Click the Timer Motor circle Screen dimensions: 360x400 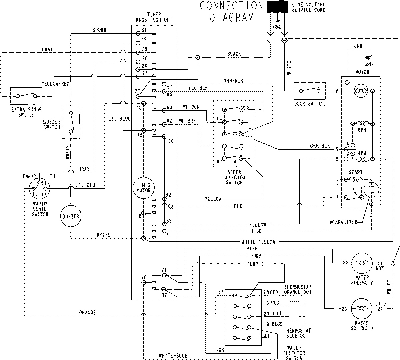point(143,188)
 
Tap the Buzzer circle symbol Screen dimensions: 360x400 point(71,216)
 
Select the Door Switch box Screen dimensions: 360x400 point(309,91)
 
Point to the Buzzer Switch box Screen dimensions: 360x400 point(71,122)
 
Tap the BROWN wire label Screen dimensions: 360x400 point(99,30)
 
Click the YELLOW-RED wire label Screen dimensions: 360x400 point(56,84)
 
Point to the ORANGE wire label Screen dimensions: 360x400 point(87,313)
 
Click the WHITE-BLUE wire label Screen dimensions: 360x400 point(173,355)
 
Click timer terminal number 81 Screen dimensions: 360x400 point(144,30)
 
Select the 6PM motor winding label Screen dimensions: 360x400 point(362,130)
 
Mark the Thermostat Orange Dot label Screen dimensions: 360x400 point(297,290)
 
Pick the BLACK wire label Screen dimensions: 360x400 point(234,54)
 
